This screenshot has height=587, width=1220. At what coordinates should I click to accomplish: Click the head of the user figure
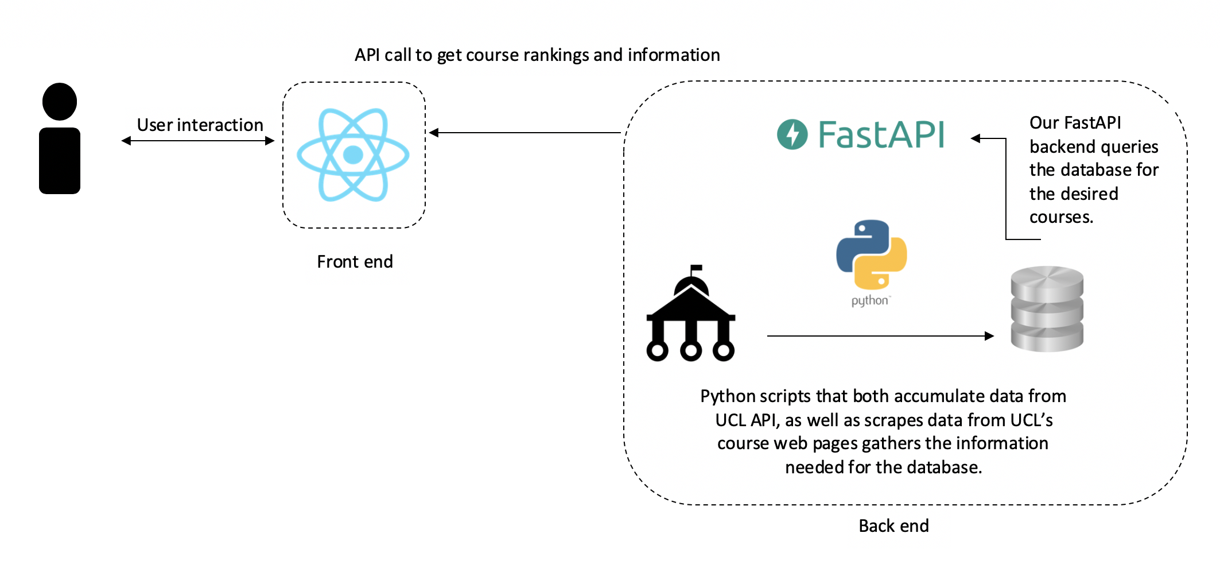(x=60, y=102)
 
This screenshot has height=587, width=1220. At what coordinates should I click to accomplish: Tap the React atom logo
(x=353, y=155)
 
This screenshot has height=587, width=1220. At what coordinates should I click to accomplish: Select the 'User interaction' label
(x=200, y=125)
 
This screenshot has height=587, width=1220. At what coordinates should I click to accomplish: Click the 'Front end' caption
(x=355, y=262)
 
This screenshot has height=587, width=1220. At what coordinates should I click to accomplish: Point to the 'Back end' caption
(x=893, y=526)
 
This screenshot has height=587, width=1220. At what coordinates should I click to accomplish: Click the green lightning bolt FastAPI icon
(x=792, y=134)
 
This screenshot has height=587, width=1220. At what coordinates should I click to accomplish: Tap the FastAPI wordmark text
(x=881, y=134)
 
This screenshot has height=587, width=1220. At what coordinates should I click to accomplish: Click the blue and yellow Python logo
(x=872, y=254)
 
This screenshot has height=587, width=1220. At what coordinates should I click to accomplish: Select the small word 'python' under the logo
(x=870, y=300)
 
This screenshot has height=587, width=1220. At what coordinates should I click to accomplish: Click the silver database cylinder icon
(x=1047, y=308)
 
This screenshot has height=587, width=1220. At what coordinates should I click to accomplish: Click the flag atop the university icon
(x=696, y=268)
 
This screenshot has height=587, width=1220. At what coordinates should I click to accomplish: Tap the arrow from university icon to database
(x=880, y=336)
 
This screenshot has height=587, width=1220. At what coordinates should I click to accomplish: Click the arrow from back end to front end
(x=525, y=133)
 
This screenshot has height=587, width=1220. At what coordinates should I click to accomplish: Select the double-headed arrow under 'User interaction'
(x=198, y=141)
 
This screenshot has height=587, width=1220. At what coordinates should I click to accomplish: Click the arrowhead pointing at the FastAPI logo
(x=976, y=138)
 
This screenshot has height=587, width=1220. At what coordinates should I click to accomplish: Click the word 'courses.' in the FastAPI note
(x=1061, y=217)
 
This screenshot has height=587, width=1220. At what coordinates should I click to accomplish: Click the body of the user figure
(x=60, y=161)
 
